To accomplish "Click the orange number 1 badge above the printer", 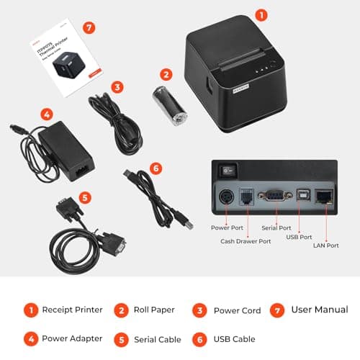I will pyautogui.click(x=261, y=14).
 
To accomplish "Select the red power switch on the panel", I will pyautogui.click(x=227, y=170).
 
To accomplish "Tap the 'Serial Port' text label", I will pyautogui.click(x=276, y=228).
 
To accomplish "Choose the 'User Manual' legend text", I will pyautogui.click(x=320, y=310).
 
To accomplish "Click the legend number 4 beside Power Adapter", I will pyautogui.click(x=30, y=338).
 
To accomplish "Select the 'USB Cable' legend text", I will pyautogui.click(x=234, y=338).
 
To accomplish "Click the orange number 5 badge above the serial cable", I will pyautogui.click(x=85, y=197).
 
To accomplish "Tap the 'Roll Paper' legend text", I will pyautogui.click(x=155, y=310).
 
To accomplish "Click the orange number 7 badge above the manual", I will pyautogui.click(x=89, y=28).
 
